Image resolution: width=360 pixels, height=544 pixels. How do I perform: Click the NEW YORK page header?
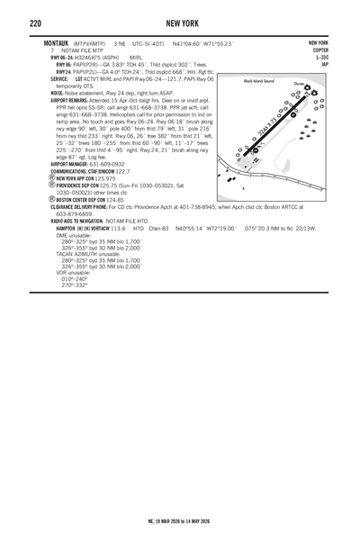point(180,22)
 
